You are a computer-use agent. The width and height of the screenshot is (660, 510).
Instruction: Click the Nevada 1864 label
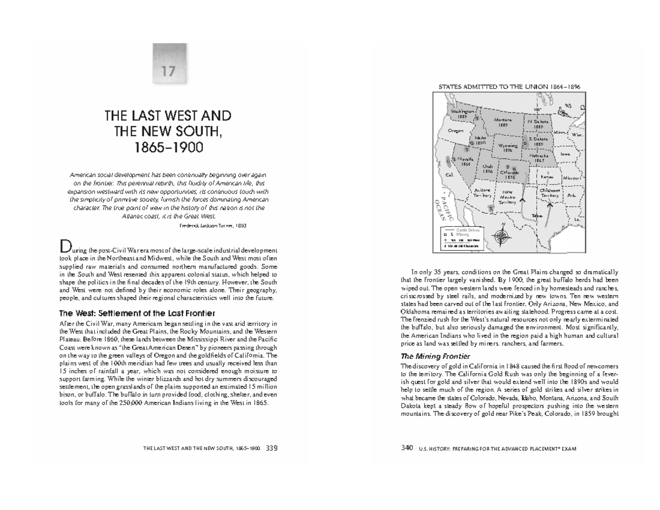click(x=466, y=161)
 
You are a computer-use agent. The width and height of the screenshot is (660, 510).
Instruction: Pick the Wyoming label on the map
click(x=508, y=147)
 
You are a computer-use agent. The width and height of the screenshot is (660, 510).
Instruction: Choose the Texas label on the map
click(x=537, y=216)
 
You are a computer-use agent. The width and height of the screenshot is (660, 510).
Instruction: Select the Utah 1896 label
click(x=487, y=168)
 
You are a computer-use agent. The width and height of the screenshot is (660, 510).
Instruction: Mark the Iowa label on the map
click(x=565, y=155)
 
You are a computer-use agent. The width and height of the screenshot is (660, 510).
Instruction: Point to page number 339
click(x=271, y=448)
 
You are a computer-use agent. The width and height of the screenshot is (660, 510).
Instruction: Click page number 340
click(x=407, y=448)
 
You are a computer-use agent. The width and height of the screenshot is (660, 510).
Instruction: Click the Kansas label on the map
click(x=547, y=177)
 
